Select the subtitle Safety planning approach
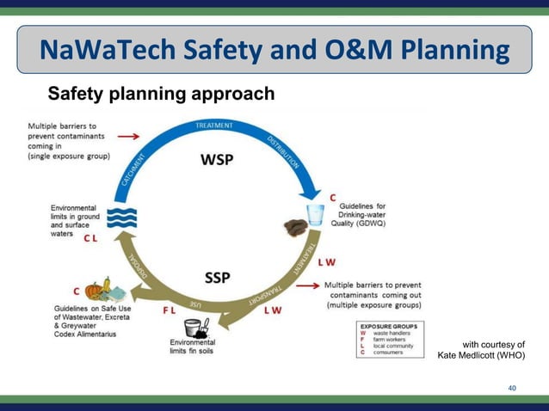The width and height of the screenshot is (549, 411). (x=161, y=94)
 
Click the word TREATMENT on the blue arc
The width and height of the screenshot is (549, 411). (x=214, y=126)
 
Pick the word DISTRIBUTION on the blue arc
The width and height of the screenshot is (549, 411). (x=281, y=152)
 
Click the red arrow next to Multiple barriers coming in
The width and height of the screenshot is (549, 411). (x=128, y=136)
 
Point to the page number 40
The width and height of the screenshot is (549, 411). (x=512, y=389)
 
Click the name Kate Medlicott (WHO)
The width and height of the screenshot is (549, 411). (x=481, y=355)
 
